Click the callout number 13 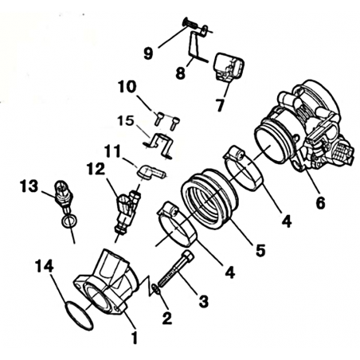[x=29, y=186]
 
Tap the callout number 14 [x=45, y=266]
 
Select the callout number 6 [x=320, y=203]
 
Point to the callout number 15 [x=126, y=121]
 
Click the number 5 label [x=260, y=250]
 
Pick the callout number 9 [x=148, y=53]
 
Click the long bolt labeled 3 [x=176, y=271]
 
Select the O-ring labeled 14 [x=79, y=316]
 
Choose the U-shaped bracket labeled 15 [x=158, y=145]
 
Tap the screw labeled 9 [x=190, y=24]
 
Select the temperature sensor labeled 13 [x=65, y=195]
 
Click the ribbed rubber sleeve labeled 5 [x=209, y=198]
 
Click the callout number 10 [x=127, y=87]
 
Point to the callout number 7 [x=220, y=105]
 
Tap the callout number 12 [x=96, y=169]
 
